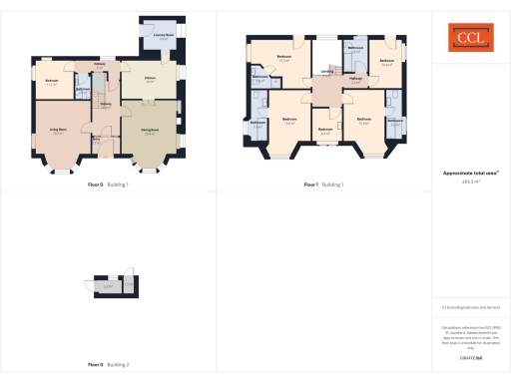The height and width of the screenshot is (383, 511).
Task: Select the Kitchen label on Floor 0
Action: [150, 79]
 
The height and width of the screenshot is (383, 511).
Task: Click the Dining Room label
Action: [149, 131]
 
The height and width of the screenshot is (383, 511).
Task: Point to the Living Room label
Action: [59, 131]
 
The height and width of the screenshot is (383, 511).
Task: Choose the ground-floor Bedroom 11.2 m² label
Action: [51, 83]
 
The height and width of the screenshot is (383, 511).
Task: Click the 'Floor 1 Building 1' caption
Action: [323, 185]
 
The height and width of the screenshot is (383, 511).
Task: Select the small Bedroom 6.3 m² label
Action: [324, 131]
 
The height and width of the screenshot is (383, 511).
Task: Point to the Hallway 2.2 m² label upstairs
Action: [357, 82]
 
